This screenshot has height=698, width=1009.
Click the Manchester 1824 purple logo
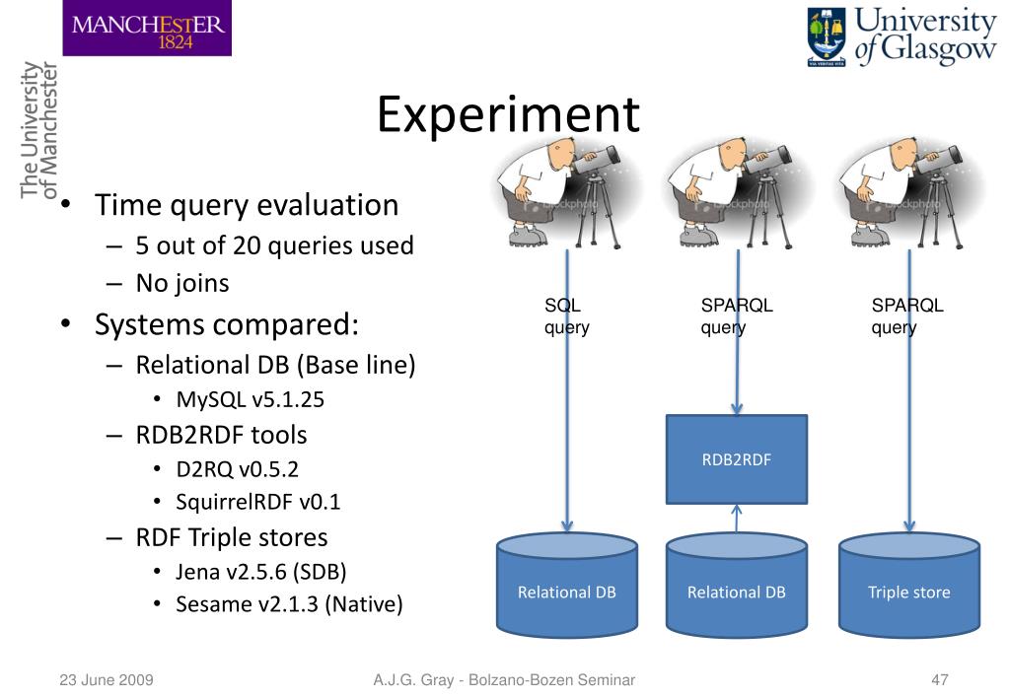(x=147, y=28)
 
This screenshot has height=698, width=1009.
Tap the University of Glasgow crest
(x=826, y=36)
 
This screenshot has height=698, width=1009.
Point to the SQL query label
(x=566, y=316)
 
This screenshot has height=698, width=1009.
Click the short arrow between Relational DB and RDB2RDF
(x=736, y=519)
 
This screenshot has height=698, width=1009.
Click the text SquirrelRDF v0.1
(x=259, y=502)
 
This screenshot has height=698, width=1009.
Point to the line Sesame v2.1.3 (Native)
(x=289, y=603)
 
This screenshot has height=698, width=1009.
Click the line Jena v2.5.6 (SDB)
(x=261, y=570)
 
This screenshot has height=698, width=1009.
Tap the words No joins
(x=182, y=283)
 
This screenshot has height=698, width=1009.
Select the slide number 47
(x=939, y=679)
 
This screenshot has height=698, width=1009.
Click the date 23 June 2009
(x=100, y=679)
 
